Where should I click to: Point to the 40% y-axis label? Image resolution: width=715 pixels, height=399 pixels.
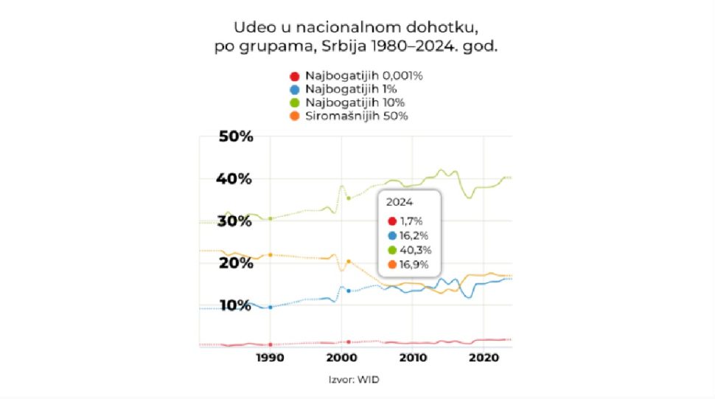[x=234, y=178]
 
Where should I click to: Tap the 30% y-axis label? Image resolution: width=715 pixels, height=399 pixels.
[x=234, y=221]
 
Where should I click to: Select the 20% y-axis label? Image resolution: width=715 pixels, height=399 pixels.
[x=234, y=263]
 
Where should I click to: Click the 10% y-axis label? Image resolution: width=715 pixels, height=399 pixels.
[x=234, y=305]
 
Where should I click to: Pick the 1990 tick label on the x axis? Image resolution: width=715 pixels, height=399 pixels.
[x=271, y=358]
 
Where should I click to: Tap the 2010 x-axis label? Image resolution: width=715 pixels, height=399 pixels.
[x=413, y=358]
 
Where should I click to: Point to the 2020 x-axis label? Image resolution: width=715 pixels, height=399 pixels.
[x=484, y=358]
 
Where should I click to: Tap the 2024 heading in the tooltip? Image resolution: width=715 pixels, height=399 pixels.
[x=400, y=201]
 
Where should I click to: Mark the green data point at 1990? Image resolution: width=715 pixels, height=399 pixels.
[x=271, y=219]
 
